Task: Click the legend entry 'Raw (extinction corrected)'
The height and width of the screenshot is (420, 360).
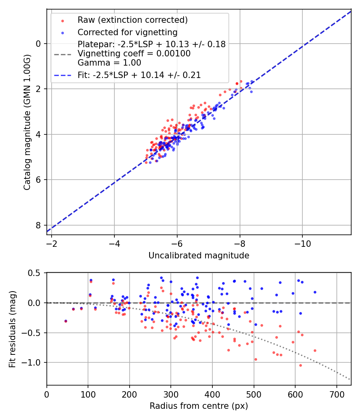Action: click(x=132, y=20)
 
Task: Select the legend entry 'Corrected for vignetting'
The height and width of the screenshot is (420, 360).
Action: click(x=127, y=32)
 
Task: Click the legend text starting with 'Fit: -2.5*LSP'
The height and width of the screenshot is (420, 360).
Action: click(x=139, y=75)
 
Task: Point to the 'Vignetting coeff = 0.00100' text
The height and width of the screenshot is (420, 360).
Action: click(x=134, y=54)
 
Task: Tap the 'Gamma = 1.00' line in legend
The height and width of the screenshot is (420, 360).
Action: click(x=109, y=62)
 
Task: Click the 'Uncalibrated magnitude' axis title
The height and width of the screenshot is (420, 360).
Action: click(x=199, y=256)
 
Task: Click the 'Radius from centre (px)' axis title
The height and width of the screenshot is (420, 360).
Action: click(x=199, y=406)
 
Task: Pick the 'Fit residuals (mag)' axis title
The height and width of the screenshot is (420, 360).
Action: click(x=12, y=329)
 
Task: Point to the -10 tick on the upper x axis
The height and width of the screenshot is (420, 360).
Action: click(x=302, y=243)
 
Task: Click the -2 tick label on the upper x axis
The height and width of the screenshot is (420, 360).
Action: click(x=51, y=243)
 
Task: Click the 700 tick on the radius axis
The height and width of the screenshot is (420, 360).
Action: click(x=336, y=394)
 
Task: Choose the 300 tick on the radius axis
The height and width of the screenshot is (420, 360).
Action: click(x=171, y=394)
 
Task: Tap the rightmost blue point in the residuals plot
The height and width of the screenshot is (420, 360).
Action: click(x=315, y=292)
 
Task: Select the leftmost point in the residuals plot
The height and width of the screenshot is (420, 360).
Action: click(x=66, y=321)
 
